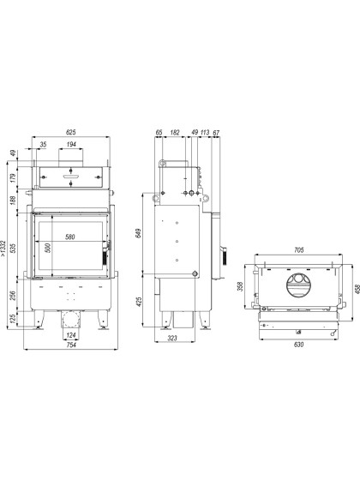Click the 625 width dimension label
coord(70,132)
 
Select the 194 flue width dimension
coord(71,144)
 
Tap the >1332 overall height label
coord(3,249)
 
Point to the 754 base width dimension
coord(71,345)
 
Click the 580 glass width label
coord(70,237)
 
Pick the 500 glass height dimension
coord(48,248)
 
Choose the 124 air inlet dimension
coord(71,335)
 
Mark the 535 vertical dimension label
coord(13,248)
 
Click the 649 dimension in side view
coord(138,233)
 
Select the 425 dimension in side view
coord(138,302)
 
